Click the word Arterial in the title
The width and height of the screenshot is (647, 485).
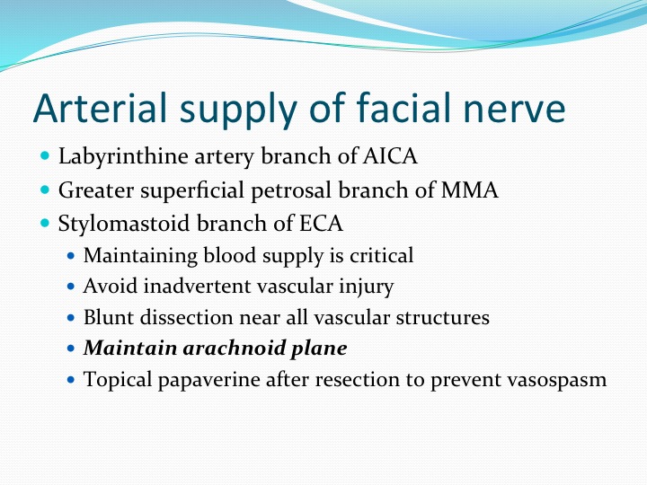(100, 108)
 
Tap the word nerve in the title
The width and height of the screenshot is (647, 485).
(514, 109)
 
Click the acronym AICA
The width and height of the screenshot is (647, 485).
(390, 156)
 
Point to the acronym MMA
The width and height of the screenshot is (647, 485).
(470, 190)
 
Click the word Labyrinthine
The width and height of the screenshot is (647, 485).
(123, 157)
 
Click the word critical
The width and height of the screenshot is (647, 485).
(381, 255)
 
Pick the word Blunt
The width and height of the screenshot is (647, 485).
(108, 317)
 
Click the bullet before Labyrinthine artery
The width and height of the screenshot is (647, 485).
(46, 156)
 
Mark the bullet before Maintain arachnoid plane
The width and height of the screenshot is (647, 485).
(71, 348)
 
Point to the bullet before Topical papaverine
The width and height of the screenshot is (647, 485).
(71, 379)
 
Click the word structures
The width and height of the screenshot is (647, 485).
(443, 317)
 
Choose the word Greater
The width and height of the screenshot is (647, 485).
(96, 190)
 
